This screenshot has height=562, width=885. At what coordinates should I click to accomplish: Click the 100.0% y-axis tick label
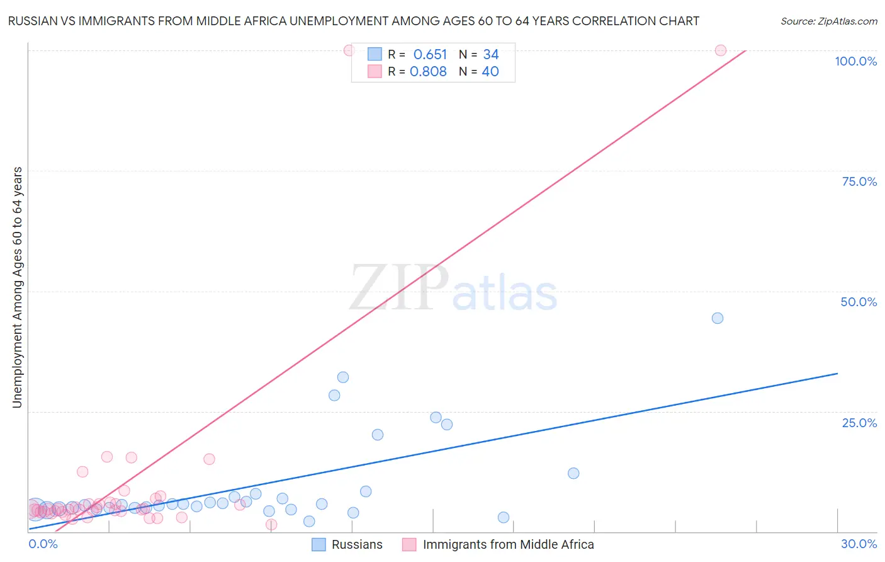coord(855,61)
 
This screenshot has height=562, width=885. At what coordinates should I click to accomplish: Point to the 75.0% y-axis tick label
coord(859,181)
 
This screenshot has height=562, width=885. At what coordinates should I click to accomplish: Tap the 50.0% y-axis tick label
coord(859,302)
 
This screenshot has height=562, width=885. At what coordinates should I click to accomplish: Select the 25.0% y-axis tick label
coord(859,422)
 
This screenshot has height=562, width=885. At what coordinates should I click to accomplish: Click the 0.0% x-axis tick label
coord(43,544)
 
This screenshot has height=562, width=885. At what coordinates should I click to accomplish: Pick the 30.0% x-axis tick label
coord(859,544)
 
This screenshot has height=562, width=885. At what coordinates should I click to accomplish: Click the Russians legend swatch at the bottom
coord(319,544)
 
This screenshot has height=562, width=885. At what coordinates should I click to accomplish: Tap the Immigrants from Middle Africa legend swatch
coord(409,544)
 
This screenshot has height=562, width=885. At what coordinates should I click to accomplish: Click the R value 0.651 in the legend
coord(430,55)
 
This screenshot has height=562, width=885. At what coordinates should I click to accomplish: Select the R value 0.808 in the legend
coord(428,72)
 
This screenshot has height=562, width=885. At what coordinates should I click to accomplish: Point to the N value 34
coord(491,55)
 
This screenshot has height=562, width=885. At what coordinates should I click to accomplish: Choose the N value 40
coord(490,72)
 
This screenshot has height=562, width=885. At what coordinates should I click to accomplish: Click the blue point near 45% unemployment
coord(718,318)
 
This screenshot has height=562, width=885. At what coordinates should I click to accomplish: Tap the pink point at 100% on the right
coord(721,50)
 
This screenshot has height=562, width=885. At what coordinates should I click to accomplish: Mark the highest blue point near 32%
coord(343,377)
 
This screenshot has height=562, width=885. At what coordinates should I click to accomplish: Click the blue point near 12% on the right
coord(573,473)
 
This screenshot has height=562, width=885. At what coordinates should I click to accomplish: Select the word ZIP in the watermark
coord(399,288)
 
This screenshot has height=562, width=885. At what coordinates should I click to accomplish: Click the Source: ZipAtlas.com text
coord(828,21)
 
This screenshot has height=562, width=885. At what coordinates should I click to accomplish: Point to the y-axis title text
coord(18,287)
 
